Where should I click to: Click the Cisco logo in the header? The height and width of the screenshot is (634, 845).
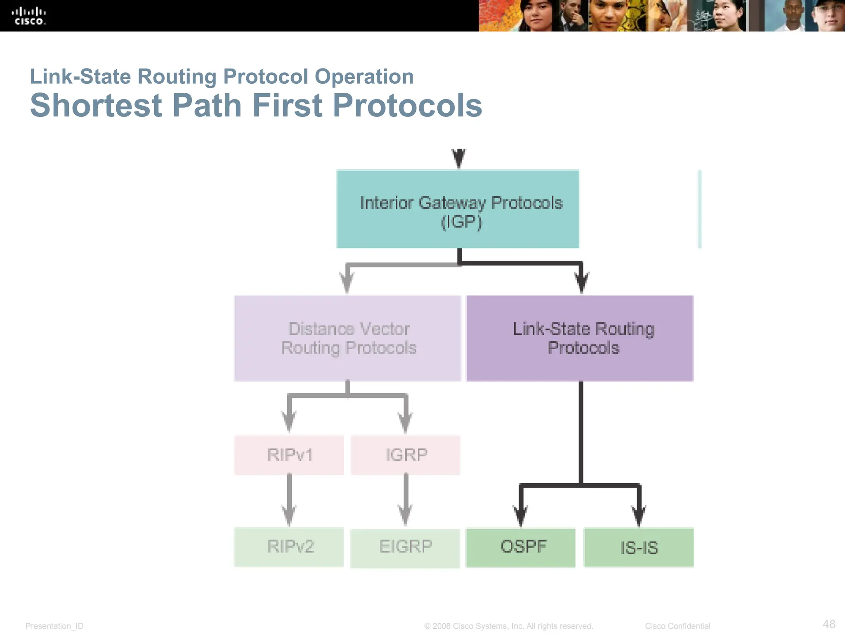click(x=28, y=16)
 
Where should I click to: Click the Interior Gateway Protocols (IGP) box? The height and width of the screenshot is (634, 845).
click(x=458, y=209)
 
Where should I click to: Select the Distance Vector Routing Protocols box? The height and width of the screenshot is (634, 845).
click(x=347, y=338)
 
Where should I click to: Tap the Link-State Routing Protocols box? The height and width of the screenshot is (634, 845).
click(x=580, y=338)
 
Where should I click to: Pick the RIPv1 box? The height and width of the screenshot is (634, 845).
click(x=289, y=455)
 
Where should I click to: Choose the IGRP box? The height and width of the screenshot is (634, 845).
click(x=406, y=455)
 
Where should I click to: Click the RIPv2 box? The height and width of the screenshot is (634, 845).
click(x=289, y=546)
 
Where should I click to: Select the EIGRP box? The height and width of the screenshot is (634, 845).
click(x=405, y=548)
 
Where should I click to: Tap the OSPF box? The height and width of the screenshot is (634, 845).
click(x=521, y=547)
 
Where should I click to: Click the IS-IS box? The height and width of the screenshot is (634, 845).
click(x=639, y=547)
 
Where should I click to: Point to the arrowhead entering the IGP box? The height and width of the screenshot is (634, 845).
click(x=459, y=158)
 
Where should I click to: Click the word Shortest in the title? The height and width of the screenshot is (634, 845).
click(x=96, y=105)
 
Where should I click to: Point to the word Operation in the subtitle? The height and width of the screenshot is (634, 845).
click(x=364, y=76)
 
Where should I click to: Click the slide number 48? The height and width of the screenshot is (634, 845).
click(x=829, y=624)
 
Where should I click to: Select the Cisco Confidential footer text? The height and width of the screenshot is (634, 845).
click(x=677, y=626)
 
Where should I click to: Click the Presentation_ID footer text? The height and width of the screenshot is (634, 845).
click(x=54, y=626)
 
